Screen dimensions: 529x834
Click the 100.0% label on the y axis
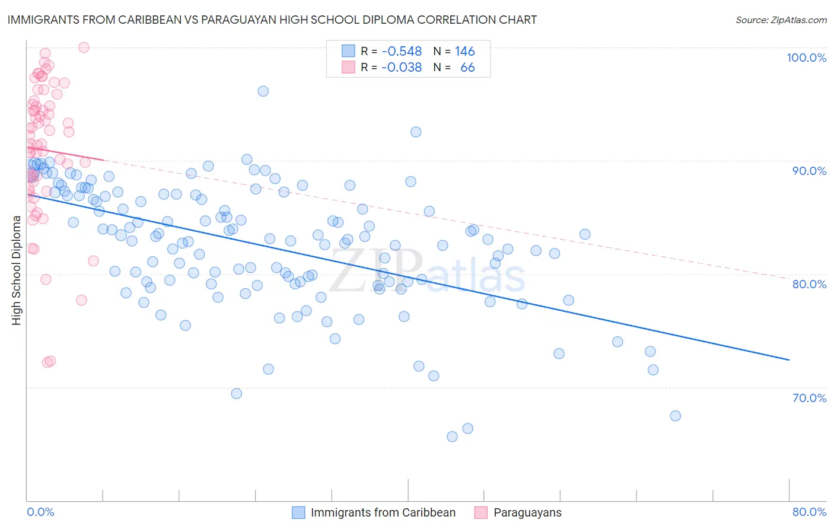click(806, 58)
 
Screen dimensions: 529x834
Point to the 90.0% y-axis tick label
click(809, 171)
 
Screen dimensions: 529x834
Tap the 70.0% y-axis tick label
click(809, 398)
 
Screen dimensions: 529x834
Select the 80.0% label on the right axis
click(809, 284)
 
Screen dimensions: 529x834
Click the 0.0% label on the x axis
click(40, 512)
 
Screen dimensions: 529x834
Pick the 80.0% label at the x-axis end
click(809, 512)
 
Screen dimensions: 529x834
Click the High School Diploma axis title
click(17, 270)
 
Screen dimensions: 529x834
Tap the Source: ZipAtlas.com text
click(781, 20)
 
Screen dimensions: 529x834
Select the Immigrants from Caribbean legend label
click(383, 512)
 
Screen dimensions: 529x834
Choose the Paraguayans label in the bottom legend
click(527, 512)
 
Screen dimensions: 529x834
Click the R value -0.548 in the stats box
click(402, 52)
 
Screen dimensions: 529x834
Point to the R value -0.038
click(402, 68)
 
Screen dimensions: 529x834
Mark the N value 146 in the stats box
click(465, 52)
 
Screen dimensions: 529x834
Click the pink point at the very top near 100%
click(84, 47)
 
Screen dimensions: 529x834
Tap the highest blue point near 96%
click(263, 91)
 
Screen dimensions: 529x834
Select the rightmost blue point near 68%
click(675, 416)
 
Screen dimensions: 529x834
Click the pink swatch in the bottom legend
click(480, 512)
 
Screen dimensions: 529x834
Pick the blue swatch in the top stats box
click(348, 52)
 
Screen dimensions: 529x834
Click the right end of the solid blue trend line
click(789, 359)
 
